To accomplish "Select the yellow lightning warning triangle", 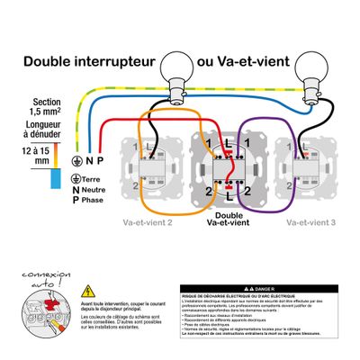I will pyautogui.click(x=87, y=292).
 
